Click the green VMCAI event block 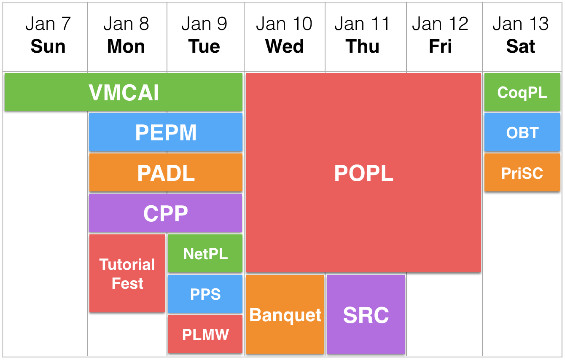(x=124, y=92)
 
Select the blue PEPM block (x=166, y=132)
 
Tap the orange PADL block (x=166, y=173)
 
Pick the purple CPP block (x=165, y=213)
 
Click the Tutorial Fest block (x=127, y=274)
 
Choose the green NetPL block (x=205, y=253)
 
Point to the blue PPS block (x=205, y=294)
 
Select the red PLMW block (x=205, y=334)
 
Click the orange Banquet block (x=285, y=314)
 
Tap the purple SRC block (x=366, y=314)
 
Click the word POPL (x=364, y=173)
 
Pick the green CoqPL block (x=522, y=92)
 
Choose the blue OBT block (x=522, y=132)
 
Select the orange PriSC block (x=522, y=173)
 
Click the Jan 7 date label (x=48, y=24)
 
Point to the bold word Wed (x=285, y=46)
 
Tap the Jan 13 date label (x=521, y=24)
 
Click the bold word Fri (x=440, y=46)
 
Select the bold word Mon (x=126, y=46)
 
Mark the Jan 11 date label (x=362, y=24)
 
